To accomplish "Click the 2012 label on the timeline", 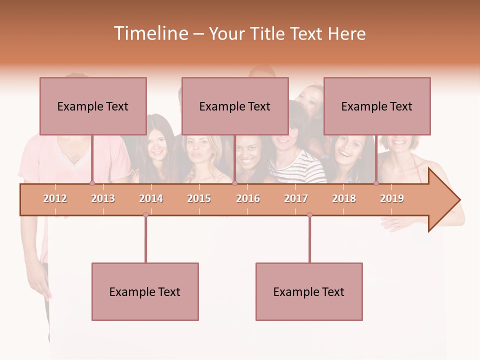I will [x=55, y=198].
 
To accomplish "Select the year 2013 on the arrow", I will [x=103, y=198].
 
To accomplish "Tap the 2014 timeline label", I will [x=151, y=198].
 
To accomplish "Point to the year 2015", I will [x=199, y=198].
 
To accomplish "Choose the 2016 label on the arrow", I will [x=248, y=198].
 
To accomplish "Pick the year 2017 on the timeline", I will [x=296, y=198].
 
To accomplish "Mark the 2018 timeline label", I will [x=344, y=198].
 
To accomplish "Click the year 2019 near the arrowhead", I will [x=392, y=198].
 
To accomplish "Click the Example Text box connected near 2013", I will [x=93, y=106].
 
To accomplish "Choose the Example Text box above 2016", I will [x=235, y=106].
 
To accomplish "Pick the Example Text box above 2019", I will [x=377, y=106].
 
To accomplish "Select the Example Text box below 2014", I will [x=145, y=291].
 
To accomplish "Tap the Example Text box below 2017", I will [x=309, y=291].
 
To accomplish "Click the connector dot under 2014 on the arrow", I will [x=145, y=214].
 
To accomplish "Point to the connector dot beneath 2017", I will [x=309, y=214].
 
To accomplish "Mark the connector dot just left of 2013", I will [x=92, y=183].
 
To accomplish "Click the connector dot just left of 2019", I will [x=376, y=183].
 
